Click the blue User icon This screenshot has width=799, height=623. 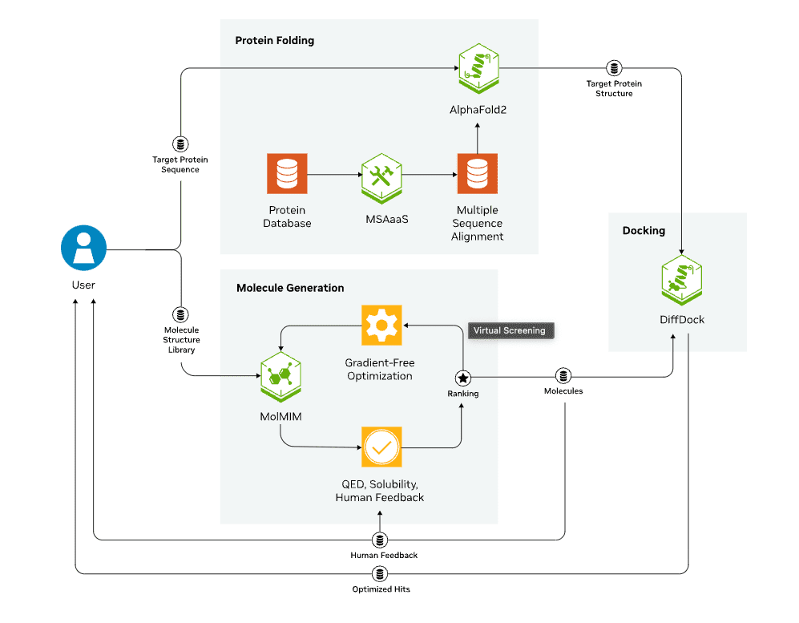84,249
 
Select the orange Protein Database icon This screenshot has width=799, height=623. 287,174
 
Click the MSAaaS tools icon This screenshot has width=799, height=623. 381,174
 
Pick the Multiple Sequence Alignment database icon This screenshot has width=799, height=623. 478,174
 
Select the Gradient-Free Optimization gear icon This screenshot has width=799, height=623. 381,325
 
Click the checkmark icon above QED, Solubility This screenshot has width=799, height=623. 381,447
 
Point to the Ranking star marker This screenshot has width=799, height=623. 462,377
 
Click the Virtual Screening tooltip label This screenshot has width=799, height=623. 509,330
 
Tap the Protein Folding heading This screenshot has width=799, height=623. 274,41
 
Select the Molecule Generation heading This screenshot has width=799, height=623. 290,288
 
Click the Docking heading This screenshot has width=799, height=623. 644,231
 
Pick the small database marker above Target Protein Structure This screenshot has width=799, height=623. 614,68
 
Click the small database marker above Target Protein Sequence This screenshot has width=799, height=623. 181,144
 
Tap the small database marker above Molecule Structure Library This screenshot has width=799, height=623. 181,314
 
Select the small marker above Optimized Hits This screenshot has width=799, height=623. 380,574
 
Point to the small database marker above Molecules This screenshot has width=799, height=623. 563,376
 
